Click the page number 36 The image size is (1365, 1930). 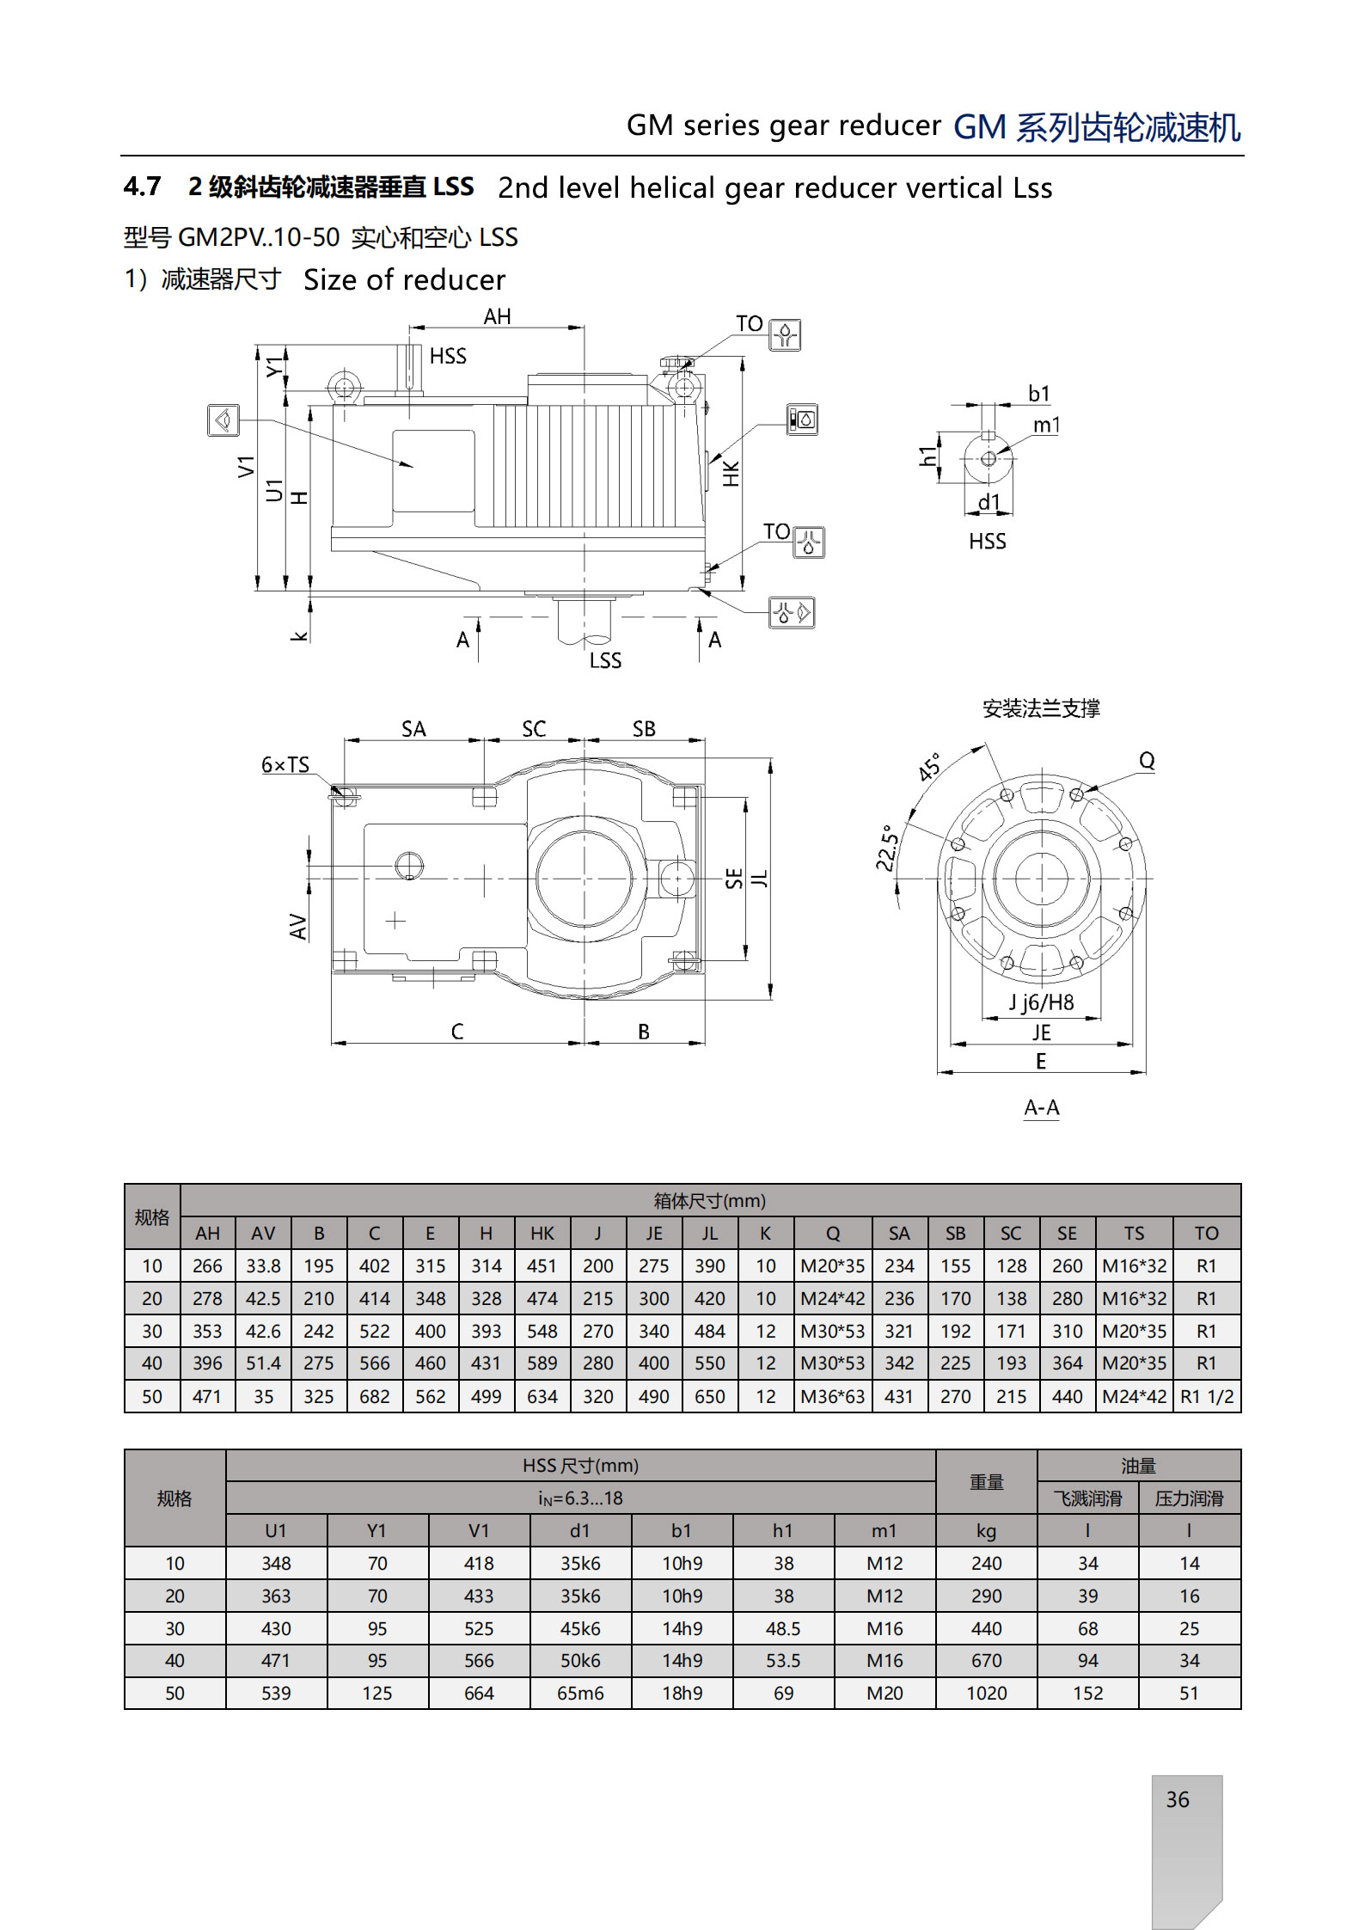(1177, 1799)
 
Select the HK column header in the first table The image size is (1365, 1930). (542, 1234)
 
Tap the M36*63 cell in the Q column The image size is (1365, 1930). (832, 1397)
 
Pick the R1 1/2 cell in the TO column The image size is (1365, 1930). (1206, 1397)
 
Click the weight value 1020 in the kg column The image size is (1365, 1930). (986, 1694)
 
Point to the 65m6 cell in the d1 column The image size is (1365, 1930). (580, 1694)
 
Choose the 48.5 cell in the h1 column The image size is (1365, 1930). (783, 1629)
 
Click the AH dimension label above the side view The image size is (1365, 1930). (497, 317)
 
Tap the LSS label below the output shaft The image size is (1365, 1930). (605, 660)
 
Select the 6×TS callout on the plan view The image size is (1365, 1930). (285, 765)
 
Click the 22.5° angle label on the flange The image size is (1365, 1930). (887, 848)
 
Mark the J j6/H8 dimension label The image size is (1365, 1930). (1041, 1002)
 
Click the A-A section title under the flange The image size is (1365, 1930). (1041, 1107)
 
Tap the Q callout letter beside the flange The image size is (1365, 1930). (1147, 761)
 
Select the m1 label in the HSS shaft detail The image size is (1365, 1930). (1046, 425)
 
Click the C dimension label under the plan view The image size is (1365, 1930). (457, 1032)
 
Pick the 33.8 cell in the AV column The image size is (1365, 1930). (263, 1266)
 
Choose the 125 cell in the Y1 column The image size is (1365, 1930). (376, 1694)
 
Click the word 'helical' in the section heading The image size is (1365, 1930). (673, 188)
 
